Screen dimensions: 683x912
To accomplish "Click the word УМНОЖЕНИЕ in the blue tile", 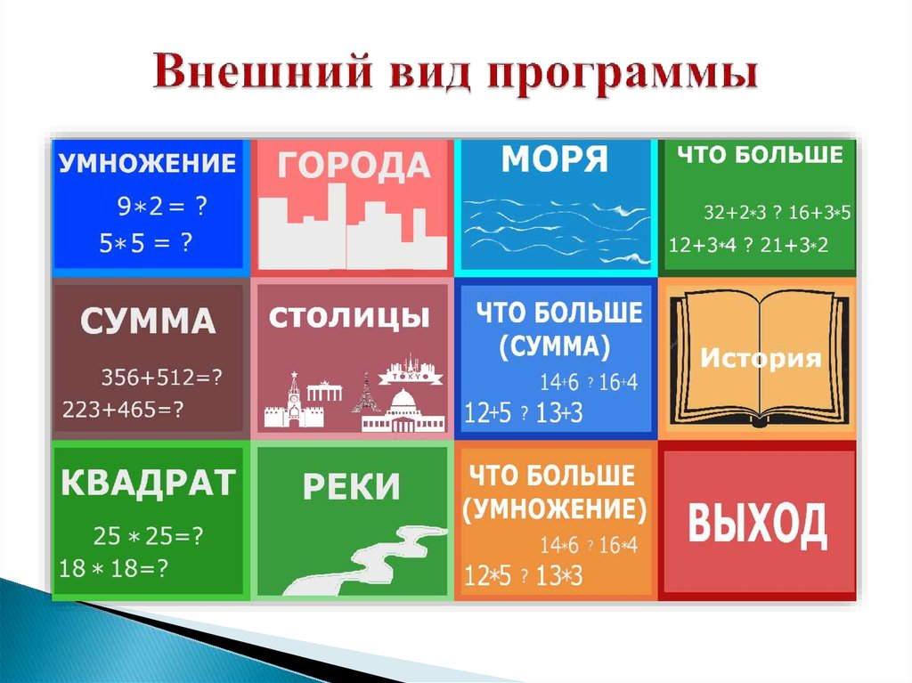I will (148, 164).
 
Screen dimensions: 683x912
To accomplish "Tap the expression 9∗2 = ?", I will (163, 207).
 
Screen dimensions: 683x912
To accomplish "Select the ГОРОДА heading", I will (352, 166).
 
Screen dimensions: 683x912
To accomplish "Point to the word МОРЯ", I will (555, 160).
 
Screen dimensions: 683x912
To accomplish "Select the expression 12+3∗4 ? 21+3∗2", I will (748, 245).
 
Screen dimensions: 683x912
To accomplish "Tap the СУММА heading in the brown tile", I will (148, 321).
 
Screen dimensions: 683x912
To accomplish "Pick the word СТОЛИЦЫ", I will (350, 317).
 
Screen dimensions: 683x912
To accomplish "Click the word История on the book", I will (760, 359).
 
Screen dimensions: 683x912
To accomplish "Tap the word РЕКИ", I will (351, 487).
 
